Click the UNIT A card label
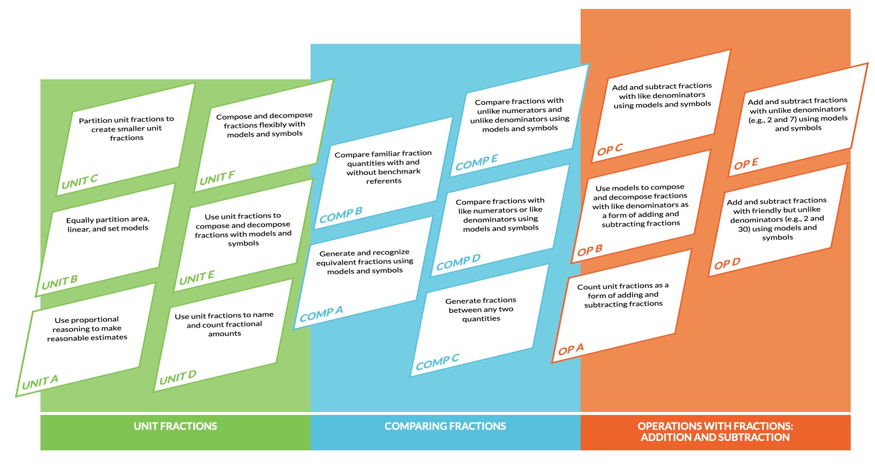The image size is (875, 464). (x=40, y=382)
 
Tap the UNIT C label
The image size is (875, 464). (x=80, y=182)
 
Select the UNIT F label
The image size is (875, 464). (x=217, y=178)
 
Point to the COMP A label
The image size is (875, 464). (x=321, y=314)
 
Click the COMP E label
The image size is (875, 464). (x=476, y=162)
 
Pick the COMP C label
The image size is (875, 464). (x=437, y=362)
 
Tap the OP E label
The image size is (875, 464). (x=746, y=164)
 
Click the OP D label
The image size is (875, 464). (x=727, y=264)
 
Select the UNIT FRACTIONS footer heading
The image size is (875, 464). (x=175, y=426)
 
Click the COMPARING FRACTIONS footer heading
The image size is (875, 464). (x=445, y=426)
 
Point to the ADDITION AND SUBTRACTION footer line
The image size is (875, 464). (x=715, y=438)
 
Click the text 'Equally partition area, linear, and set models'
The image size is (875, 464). (x=108, y=224)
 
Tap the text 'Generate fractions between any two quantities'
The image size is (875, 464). (x=481, y=310)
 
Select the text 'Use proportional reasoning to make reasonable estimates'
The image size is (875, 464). (x=87, y=329)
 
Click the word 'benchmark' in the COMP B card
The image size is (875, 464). (x=400, y=171)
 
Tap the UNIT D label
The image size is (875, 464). (x=178, y=377)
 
